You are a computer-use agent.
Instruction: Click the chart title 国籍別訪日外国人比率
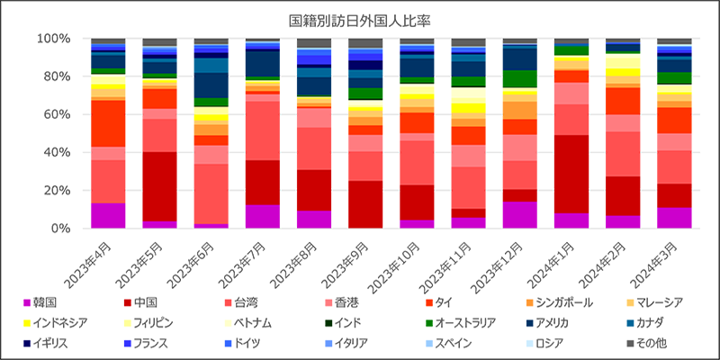coord(360,18)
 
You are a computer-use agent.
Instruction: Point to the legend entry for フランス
coord(152,343)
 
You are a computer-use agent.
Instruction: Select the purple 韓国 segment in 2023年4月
coord(108,216)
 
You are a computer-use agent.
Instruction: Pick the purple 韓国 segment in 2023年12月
coord(519,215)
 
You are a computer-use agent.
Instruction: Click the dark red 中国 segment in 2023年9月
coord(365,204)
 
